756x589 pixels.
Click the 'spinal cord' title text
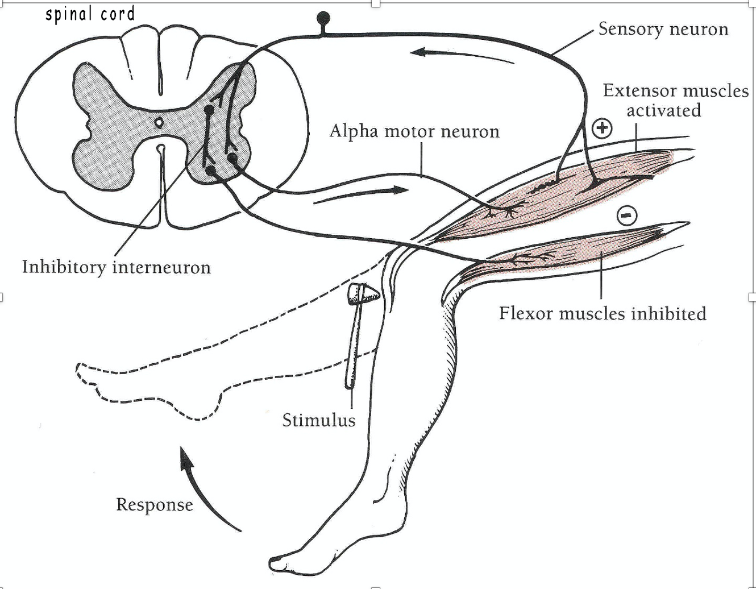tap(90, 14)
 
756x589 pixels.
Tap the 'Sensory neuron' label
tap(663, 29)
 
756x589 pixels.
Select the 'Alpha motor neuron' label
tap(414, 131)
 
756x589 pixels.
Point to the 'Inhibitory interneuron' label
tap(117, 267)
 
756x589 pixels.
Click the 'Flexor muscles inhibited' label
tap(603, 313)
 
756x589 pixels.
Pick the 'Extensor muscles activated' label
tap(675, 100)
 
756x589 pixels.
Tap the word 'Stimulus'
tap(319, 420)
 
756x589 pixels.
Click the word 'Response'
tap(154, 504)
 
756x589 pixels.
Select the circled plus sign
tap(602, 128)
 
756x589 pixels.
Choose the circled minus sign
tap(626, 215)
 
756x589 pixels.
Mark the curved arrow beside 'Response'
tap(205, 490)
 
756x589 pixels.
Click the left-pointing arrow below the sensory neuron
tap(460, 56)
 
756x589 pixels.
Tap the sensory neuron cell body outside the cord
tap(323, 18)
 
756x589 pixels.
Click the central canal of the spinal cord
tap(159, 121)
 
